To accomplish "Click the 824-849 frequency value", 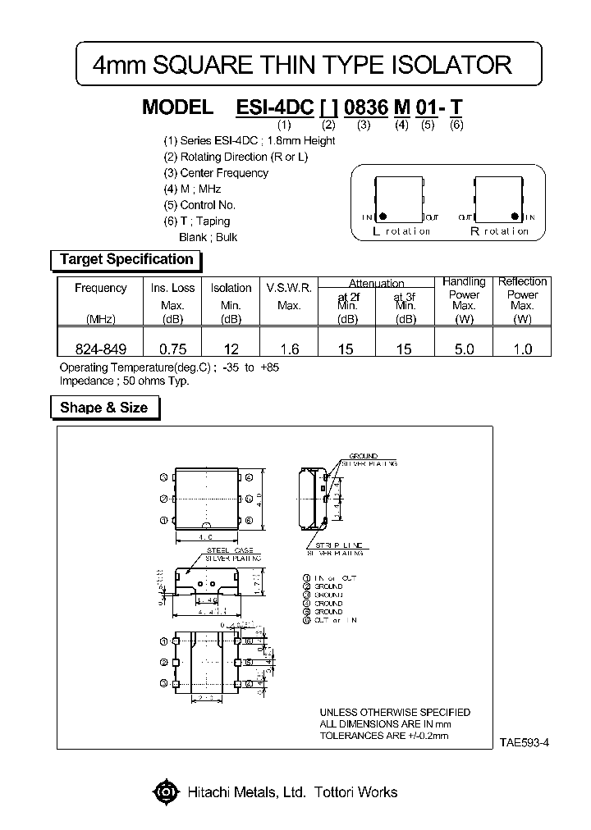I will [100, 349].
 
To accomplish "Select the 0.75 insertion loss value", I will [172, 349].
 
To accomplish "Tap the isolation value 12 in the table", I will [231, 349].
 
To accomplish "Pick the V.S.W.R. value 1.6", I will [288, 349].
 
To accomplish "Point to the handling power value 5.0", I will [464, 349].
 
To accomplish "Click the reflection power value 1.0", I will [522, 349].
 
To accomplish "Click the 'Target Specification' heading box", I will [126, 260].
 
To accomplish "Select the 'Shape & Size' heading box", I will [103, 408].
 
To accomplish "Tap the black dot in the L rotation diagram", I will [383, 217].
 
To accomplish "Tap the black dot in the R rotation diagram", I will [515, 217].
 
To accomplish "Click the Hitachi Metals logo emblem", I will [166, 792].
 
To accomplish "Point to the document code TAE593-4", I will [523, 742].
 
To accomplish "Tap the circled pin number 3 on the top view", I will [164, 477].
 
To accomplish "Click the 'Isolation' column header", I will [231, 288].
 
